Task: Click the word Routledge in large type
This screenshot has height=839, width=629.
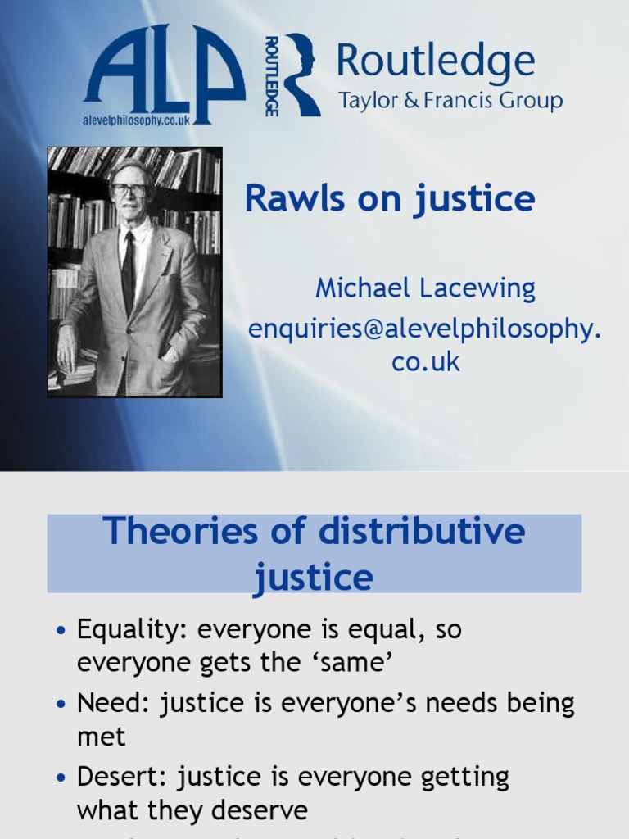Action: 435,63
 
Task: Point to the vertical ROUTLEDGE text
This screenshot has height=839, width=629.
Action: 272,75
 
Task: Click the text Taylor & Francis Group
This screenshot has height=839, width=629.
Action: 450,102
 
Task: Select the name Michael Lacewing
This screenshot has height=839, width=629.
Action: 425,288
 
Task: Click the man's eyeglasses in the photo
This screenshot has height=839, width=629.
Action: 129,191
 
